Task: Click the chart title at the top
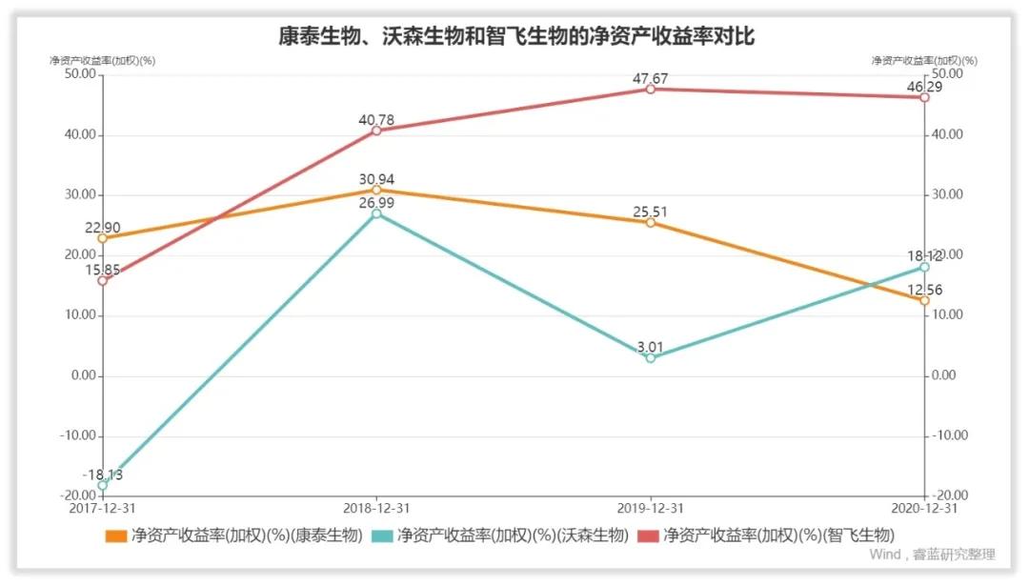[x=515, y=36]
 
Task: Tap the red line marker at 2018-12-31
[x=376, y=131]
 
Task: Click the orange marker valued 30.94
[x=376, y=190]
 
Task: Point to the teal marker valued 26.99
[x=376, y=213]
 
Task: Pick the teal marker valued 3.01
[x=650, y=358]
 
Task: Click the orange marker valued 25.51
[x=650, y=222]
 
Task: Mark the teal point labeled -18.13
[x=103, y=485]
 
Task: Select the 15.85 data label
[x=102, y=271]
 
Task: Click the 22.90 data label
[x=102, y=228]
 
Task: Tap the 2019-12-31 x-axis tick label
[x=650, y=509]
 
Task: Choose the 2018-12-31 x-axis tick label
[x=376, y=509]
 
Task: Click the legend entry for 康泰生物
[x=233, y=535]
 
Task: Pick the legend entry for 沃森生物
[x=500, y=535]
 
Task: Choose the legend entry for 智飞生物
[x=766, y=535]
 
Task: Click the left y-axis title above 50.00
[x=103, y=60]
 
